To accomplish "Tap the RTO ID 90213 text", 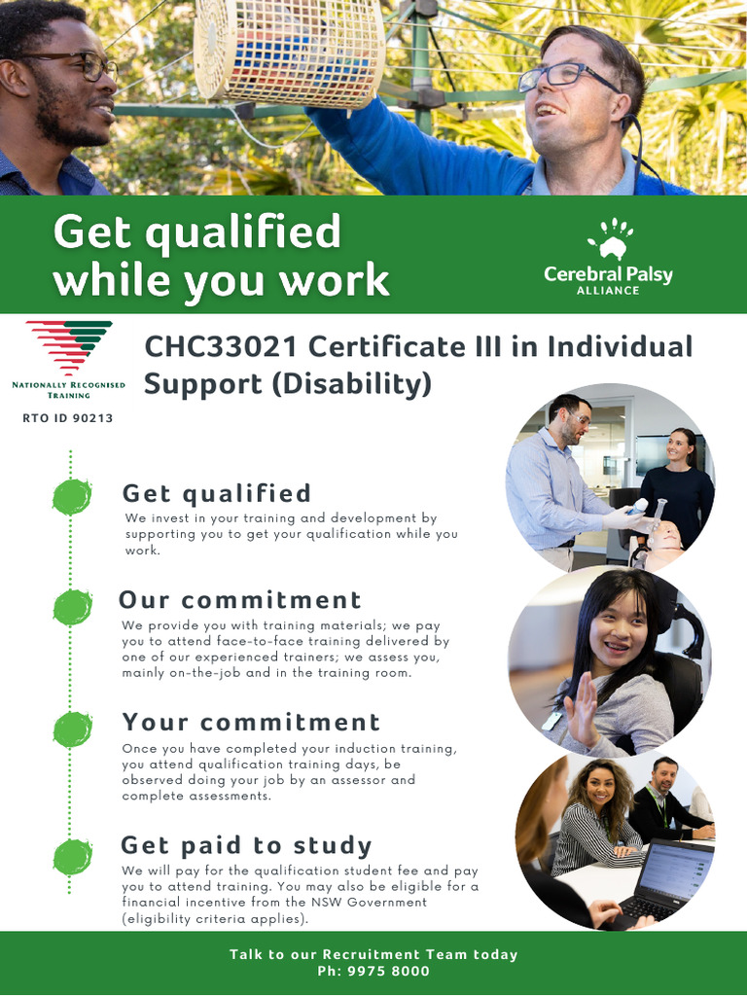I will click(x=68, y=418).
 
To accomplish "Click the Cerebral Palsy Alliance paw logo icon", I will click(x=609, y=240).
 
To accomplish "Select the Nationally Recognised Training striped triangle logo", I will click(x=69, y=347).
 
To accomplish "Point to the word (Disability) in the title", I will click(x=351, y=383).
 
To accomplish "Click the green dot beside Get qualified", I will click(x=72, y=497).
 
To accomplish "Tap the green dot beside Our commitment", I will click(x=72, y=607).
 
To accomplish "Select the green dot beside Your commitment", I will click(x=72, y=729).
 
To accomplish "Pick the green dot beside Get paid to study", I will click(x=72, y=856).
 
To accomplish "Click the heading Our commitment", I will click(x=240, y=599).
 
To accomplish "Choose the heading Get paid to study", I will click(x=246, y=844).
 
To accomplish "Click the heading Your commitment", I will click(x=251, y=722).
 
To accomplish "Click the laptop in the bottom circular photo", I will click(x=666, y=879).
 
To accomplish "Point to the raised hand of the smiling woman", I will click(x=581, y=708).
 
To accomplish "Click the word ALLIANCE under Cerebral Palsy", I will click(x=608, y=291).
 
